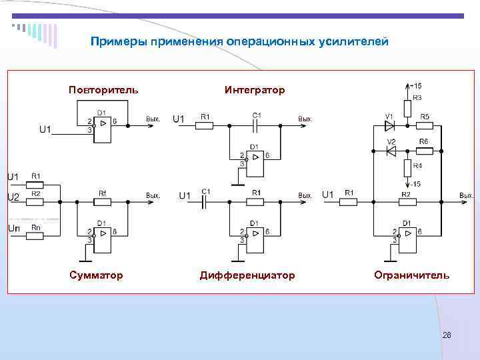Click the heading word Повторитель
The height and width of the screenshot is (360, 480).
103,89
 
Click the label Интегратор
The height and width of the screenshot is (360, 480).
255,89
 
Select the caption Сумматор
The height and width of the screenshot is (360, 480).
95,275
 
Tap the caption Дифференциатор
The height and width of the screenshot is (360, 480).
247,275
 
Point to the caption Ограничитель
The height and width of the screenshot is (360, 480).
411,275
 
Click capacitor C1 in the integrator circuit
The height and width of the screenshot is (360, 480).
256,124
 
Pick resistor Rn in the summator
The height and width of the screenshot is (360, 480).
36,235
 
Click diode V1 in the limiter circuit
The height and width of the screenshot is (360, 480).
390,124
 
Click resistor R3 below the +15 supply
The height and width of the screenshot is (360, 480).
407,107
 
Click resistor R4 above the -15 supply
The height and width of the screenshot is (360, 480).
407,166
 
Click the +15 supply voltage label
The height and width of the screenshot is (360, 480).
416,85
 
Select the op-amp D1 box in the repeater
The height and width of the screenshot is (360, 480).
103,125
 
